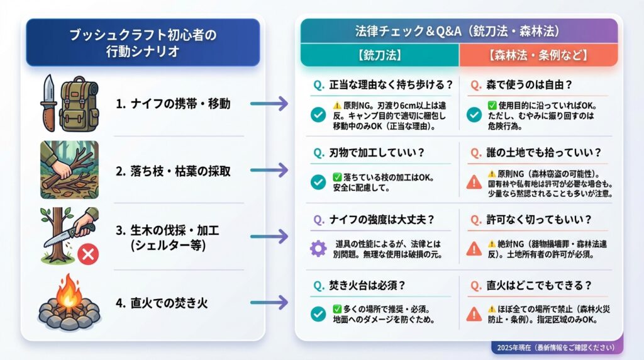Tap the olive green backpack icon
click(79, 104)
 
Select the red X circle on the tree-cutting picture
click(88, 254)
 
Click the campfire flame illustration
click(69, 293)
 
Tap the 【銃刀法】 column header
click(379, 55)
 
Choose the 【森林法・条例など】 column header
click(538, 55)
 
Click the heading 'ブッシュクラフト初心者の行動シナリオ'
click(143, 43)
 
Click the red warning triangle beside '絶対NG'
click(474, 249)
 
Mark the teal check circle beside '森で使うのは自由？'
click(474, 115)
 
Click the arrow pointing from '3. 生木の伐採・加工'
click(269, 236)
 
